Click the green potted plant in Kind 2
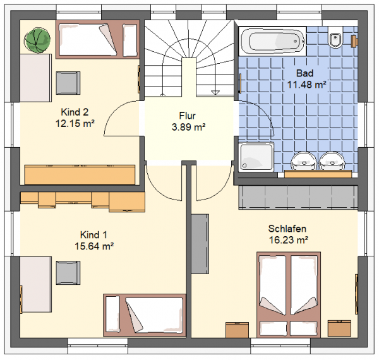coord(37,40)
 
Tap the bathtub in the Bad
coord(272,41)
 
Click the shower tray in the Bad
coord(256,157)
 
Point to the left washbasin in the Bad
coord(304,161)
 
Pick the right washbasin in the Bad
coord(332,161)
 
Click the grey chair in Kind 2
coord(68,83)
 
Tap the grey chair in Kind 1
coord(68,273)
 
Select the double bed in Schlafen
coord(289,295)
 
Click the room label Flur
coord(188,116)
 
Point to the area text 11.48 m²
coord(306,85)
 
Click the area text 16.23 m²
coord(289,240)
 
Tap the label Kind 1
coord(93,234)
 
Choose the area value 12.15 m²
coord(75,123)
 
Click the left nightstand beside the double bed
coord(237,330)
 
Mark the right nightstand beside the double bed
coord(339,328)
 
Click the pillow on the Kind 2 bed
coord(130,40)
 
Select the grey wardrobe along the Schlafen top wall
coord(298,197)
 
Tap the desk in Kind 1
coord(36,285)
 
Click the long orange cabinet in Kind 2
coord(80,175)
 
